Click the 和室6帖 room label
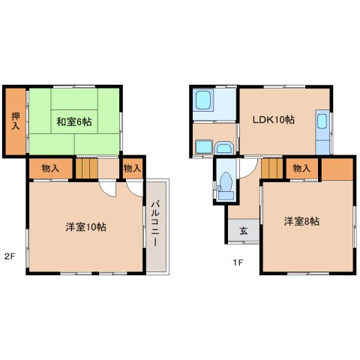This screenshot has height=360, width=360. point(73,121)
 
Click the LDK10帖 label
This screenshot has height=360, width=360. point(273,119)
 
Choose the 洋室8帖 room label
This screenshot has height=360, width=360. point(302,222)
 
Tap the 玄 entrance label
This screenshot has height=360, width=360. point(244,231)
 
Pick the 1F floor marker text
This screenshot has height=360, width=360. point(236,262)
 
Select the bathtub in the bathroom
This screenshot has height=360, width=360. point(203,102)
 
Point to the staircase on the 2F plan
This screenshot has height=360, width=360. point(88,167)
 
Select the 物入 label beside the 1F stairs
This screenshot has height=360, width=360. point(301,169)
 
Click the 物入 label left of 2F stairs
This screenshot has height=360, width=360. point(51,168)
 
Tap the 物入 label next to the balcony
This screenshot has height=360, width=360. point(132,168)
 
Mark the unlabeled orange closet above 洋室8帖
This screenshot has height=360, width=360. point(335,169)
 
